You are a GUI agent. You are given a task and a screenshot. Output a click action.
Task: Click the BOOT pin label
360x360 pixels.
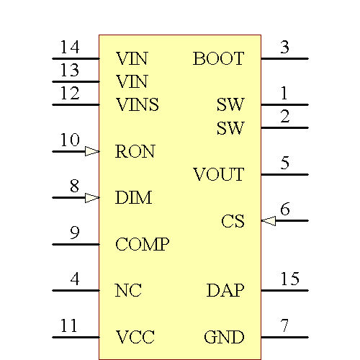pyautogui.click(x=218, y=59)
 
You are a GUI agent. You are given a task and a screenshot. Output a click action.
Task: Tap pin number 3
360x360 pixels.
pyautogui.click(x=284, y=48)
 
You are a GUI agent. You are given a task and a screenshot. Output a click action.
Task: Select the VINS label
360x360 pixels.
pyautogui.click(x=137, y=105)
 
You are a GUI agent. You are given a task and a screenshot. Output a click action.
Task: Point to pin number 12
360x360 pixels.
pyautogui.click(x=69, y=94)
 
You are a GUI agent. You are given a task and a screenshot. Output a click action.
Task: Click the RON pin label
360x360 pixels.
pyautogui.click(x=135, y=152)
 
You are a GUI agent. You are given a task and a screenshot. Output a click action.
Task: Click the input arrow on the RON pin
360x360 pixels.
pyautogui.click(x=91, y=151)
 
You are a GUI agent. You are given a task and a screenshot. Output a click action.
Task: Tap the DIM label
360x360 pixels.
pyautogui.click(x=133, y=198)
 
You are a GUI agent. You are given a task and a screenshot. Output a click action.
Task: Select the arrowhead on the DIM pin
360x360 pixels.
pyautogui.click(x=91, y=197)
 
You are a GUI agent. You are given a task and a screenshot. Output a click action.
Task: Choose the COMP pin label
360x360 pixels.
pyautogui.click(x=142, y=245)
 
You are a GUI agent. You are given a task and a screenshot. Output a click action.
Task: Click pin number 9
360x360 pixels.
pyautogui.click(x=74, y=233)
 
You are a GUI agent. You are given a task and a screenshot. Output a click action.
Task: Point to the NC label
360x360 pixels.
pyautogui.click(x=128, y=291)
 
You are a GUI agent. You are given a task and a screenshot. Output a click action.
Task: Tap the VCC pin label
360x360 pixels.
pyautogui.click(x=135, y=338)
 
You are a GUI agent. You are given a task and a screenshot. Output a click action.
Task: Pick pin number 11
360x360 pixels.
pyautogui.click(x=68, y=325)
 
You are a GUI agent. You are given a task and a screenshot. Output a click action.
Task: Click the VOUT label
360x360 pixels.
pyautogui.click(x=218, y=175)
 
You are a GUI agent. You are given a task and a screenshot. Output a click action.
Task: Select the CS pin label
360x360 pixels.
pyautogui.click(x=233, y=222)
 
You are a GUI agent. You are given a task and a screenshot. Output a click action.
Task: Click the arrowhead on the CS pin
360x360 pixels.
pyautogui.click(x=269, y=221)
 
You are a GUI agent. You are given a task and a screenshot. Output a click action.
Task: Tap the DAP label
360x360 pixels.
pyautogui.click(x=225, y=291)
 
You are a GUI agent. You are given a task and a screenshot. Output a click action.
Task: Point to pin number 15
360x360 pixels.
pyautogui.click(x=289, y=279)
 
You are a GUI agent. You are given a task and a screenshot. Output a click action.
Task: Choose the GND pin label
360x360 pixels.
pyautogui.click(x=224, y=338)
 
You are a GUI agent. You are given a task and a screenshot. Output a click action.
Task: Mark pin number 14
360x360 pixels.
pyautogui.click(x=69, y=48)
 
